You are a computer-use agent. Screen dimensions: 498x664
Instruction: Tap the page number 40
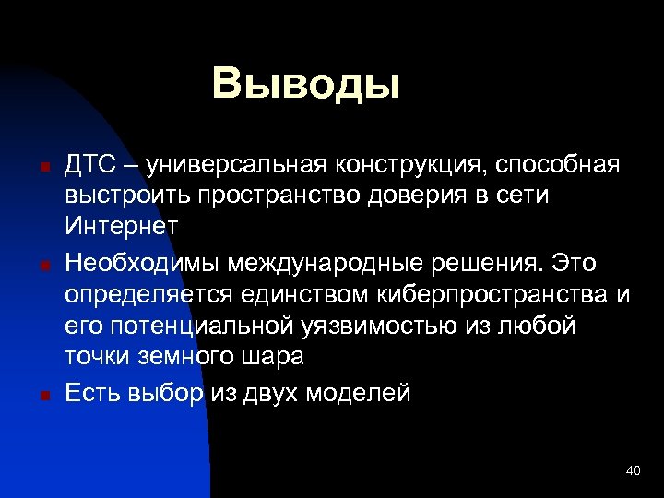[x=633, y=471]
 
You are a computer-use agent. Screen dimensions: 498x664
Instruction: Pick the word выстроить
[x=116, y=197]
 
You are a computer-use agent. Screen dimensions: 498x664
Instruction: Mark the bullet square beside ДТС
[x=43, y=169]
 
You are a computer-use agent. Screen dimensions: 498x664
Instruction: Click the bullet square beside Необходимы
[x=43, y=267]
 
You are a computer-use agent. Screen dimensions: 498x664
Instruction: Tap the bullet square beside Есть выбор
[x=43, y=397]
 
